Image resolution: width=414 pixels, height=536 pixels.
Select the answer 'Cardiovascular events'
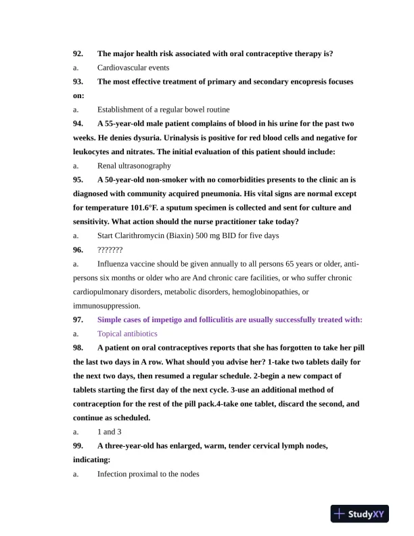(x=133, y=68)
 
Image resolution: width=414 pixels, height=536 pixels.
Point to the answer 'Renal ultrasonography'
(x=134, y=165)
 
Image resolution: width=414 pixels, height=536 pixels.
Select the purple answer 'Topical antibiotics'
(x=127, y=334)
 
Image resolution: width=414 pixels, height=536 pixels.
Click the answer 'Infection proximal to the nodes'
(x=148, y=474)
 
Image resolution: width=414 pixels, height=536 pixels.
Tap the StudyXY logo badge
(x=360, y=514)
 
